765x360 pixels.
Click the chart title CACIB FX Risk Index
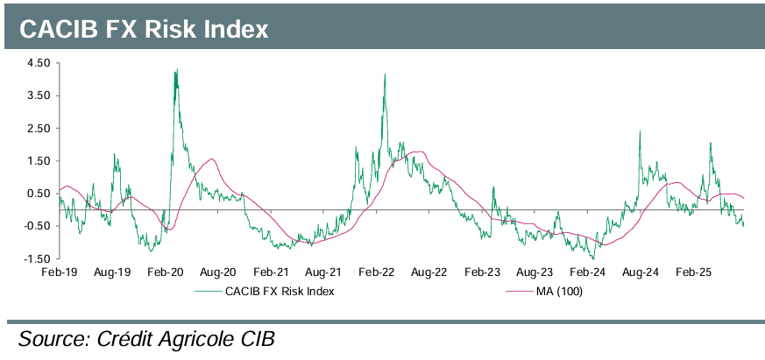[143, 29]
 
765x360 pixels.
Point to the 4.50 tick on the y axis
[39, 63]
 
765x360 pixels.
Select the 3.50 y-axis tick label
[39, 95]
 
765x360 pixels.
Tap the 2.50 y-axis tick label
[39, 129]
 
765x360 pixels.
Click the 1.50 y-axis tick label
[39, 161]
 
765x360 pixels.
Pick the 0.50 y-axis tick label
[39, 194]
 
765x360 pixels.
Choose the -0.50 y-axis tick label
[38, 226]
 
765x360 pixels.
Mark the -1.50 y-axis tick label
[38, 258]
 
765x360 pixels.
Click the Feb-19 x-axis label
[59, 273]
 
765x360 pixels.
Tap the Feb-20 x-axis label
[165, 273]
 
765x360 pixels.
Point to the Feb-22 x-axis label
[378, 273]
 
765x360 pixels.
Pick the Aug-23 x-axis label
[537, 273]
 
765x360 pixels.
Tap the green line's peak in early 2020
[177, 69]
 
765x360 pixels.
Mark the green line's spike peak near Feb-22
[385, 74]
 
